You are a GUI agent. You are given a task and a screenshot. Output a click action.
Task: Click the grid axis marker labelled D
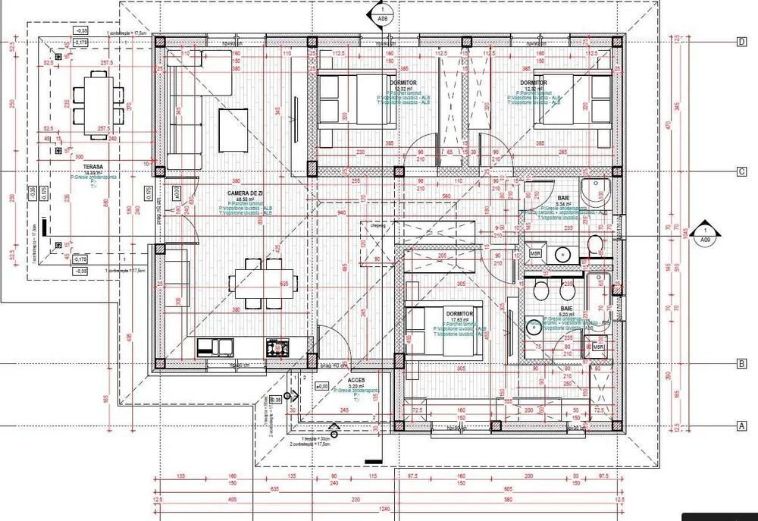coord(741,42)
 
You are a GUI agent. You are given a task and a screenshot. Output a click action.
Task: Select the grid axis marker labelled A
coord(741,426)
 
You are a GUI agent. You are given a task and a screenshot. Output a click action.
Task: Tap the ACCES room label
coord(356,380)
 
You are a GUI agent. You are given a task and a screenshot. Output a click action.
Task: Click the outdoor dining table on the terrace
coord(96,99)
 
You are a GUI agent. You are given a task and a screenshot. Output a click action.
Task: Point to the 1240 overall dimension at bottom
coord(384,509)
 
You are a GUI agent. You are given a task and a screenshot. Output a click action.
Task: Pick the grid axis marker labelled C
coord(741,172)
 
